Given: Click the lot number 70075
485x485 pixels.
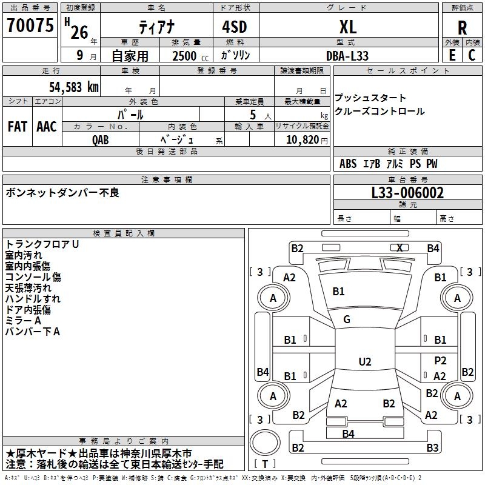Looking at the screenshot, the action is coord(30,25).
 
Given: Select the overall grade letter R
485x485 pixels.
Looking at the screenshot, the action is coord(462,28).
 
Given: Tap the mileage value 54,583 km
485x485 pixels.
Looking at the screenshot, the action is coord(74,87).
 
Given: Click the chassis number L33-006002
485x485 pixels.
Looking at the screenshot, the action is coord(407,193).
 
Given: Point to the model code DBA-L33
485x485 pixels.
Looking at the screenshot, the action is coord(347,56).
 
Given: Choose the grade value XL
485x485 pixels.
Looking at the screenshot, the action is coord(348,27).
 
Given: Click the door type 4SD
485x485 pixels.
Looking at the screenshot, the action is coord(235,27).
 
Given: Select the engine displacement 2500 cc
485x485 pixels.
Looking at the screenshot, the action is coord(190,56).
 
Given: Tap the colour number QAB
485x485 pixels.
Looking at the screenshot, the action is coord(100,140).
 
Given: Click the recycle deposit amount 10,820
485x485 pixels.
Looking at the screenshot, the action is coord(303,139).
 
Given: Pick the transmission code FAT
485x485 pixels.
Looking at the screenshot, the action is coord(18,127).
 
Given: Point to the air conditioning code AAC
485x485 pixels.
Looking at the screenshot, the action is coord(47,127).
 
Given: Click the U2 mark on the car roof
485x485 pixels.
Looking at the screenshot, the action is coord(365,361).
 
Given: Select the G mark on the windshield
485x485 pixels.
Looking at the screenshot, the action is coord(347,319).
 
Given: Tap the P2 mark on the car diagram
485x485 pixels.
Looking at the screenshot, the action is coord(440,360).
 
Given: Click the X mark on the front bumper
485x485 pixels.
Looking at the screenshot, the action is coord(400,248).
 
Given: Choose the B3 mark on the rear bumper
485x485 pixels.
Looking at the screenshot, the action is coord(432,447).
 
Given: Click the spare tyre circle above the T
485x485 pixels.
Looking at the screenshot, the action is coord(265,443).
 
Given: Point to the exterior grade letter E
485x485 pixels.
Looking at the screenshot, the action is coord(452,55).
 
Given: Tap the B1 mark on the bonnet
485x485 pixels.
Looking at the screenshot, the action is coord(338,292).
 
